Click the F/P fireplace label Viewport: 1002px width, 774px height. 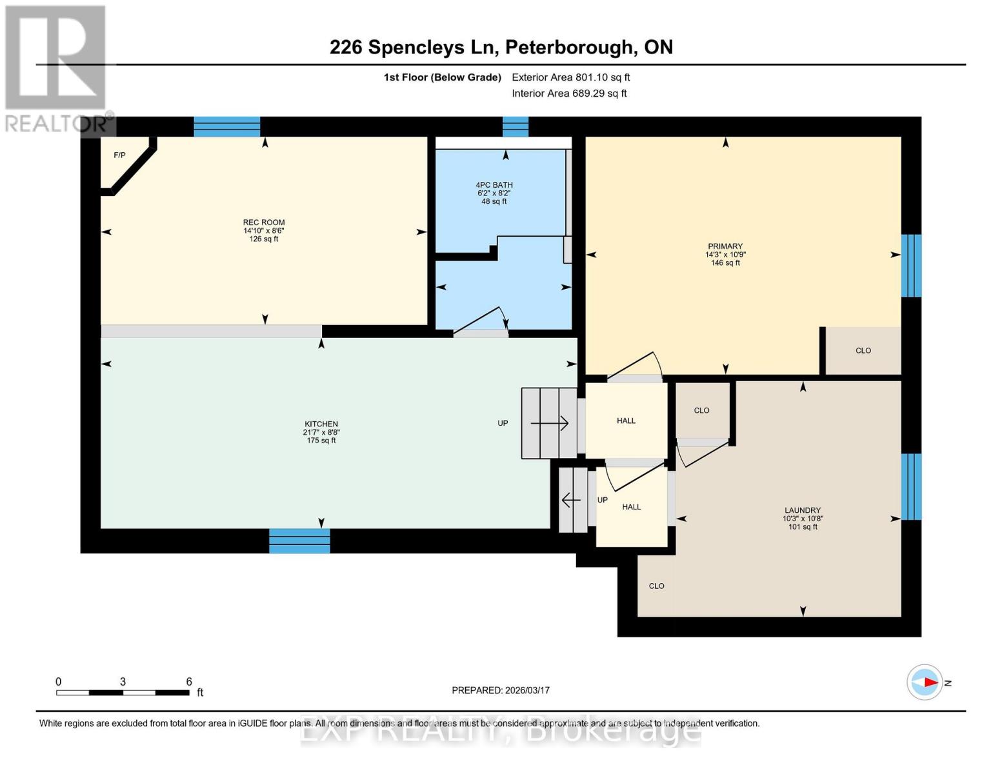(x=119, y=155)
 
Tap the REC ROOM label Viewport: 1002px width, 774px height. (x=264, y=223)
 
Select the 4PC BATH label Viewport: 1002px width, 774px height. (x=494, y=185)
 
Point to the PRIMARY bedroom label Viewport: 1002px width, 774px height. (x=725, y=246)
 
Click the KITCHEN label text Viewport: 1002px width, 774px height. (x=321, y=424)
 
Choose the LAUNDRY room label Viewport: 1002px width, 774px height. (x=803, y=510)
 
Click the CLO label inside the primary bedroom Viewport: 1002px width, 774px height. (x=863, y=351)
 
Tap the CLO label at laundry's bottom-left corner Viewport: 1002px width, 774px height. (x=656, y=586)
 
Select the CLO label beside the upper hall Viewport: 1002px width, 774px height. (x=701, y=411)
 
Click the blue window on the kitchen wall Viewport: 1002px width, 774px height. (x=299, y=541)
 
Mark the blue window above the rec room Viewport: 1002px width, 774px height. (x=227, y=127)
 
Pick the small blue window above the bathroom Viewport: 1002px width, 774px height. (x=516, y=127)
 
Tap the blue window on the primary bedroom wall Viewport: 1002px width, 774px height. (x=911, y=266)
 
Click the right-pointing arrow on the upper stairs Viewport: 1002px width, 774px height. (x=550, y=424)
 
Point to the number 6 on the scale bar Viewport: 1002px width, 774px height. (x=189, y=682)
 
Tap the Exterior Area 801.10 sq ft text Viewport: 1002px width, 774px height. (x=570, y=77)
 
